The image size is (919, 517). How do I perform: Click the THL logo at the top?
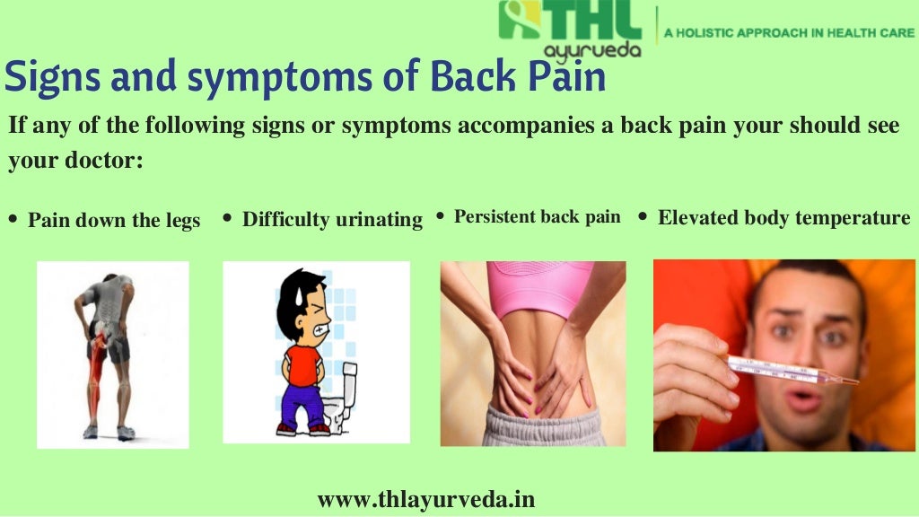click(569, 20)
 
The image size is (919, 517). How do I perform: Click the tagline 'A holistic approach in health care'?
click(788, 33)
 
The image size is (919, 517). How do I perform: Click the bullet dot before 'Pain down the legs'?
click(13, 218)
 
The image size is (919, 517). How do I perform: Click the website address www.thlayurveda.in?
click(426, 499)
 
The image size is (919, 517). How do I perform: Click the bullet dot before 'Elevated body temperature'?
click(643, 216)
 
